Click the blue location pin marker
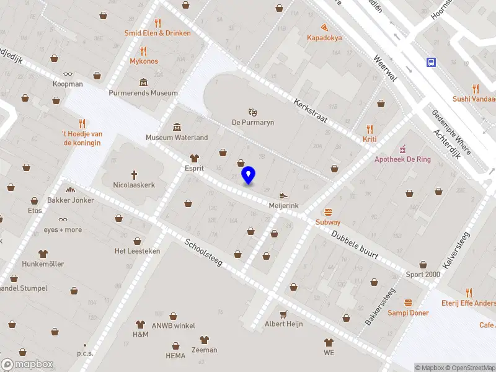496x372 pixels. pyautogui.click(x=249, y=175)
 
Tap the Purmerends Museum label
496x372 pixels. pyautogui.click(x=143, y=93)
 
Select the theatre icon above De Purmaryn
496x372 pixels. pyautogui.click(x=252, y=112)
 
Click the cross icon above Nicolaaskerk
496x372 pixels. pyautogui.click(x=134, y=175)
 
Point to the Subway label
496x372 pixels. pyautogui.click(x=328, y=222)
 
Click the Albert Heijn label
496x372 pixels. pyautogui.click(x=283, y=324)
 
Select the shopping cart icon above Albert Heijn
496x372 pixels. pyautogui.click(x=283, y=314)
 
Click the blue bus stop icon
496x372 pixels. pyautogui.click(x=430, y=62)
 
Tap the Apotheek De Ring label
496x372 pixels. pyautogui.click(x=402, y=159)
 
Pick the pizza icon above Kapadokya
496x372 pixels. pyautogui.click(x=324, y=27)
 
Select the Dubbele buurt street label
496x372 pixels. pyautogui.click(x=354, y=244)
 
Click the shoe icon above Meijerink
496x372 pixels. pyautogui.click(x=284, y=195)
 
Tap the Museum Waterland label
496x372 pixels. pyautogui.click(x=177, y=137)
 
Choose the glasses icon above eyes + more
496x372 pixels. pyautogui.click(x=63, y=219)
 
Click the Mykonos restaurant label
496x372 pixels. pyautogui.click(x=144, y=61)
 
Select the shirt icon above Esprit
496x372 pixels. pyautogui.click(x=194, y=158)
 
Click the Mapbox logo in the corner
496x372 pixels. pyautogui.click(x=27, y=365)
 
